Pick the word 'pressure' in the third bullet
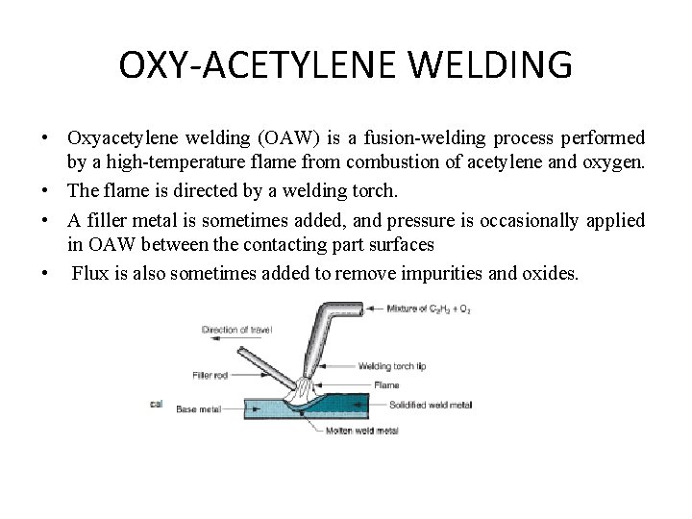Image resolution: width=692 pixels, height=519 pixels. coord(441,220)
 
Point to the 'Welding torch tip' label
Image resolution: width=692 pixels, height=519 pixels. coord(392,365)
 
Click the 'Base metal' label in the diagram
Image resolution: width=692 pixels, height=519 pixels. coord(199,408)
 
